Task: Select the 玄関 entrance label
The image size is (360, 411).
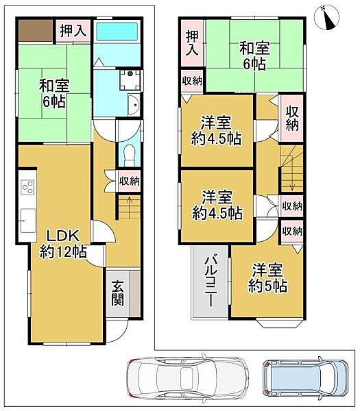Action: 119,293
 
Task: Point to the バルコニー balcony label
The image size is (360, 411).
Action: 211,282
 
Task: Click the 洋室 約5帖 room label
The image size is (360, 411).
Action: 268,278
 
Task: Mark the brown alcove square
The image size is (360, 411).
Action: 36,30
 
